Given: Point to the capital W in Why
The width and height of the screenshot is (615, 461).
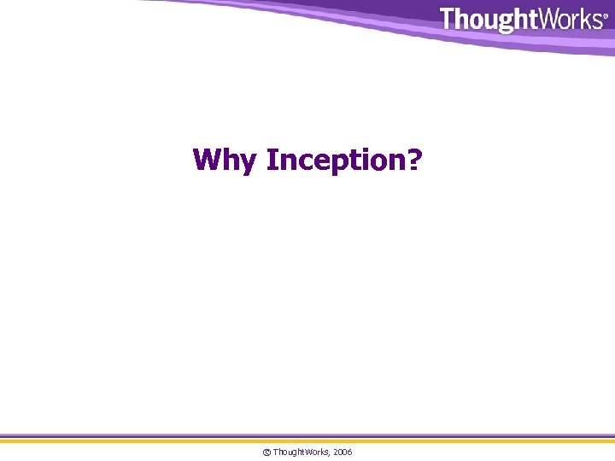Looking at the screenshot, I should point(210,159).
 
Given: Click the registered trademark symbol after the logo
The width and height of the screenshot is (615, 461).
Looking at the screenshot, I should point(606,15).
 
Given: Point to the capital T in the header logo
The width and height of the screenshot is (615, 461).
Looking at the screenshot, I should point(448,19).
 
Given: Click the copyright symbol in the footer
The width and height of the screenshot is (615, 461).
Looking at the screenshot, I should point(266,452).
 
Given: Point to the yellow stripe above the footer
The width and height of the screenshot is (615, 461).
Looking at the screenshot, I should point(307,441).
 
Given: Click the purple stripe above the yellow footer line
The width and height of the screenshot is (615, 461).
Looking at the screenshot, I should point(307,436).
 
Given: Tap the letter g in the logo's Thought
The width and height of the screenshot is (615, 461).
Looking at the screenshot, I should point(498,21).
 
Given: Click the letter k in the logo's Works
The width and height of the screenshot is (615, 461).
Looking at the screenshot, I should point(583,19).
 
